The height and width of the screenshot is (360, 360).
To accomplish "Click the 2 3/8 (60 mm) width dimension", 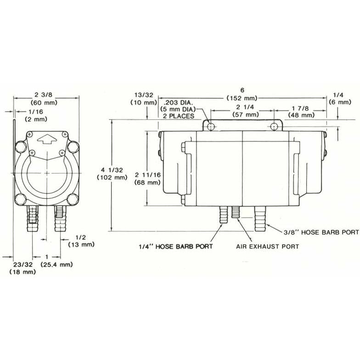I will tap(46, 98).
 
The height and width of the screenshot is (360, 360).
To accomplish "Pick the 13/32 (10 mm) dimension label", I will tap(144, 98).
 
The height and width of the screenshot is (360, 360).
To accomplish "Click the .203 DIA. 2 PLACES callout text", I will tap(179, 109).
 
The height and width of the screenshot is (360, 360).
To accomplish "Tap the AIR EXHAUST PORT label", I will tap(267, 247).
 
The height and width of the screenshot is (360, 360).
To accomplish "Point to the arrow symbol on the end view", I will tap(47, 139).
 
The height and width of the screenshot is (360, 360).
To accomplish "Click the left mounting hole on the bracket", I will tap(210, 126).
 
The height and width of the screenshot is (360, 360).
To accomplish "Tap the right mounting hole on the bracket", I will tap(275, 126).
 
